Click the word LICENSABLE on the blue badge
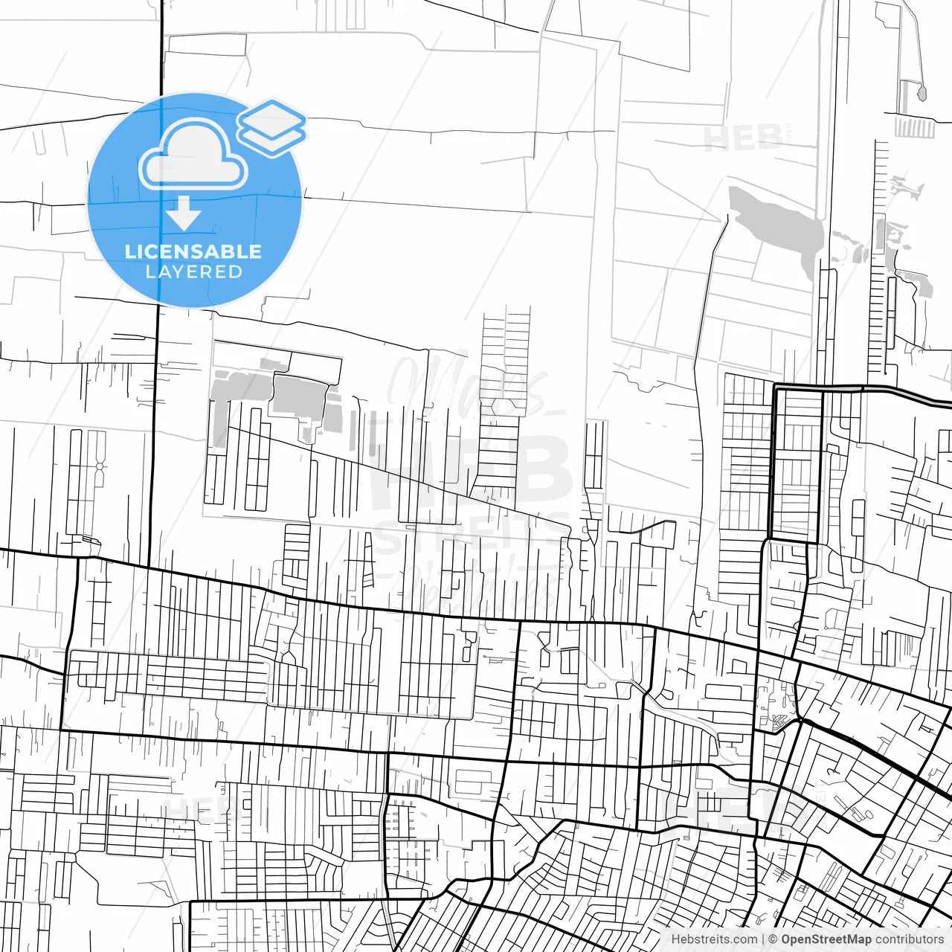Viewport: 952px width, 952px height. click(193, 251)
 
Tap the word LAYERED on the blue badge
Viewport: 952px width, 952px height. click(194, 272)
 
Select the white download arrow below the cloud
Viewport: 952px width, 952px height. click(183, 213)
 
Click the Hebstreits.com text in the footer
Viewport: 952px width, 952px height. click(714, 939)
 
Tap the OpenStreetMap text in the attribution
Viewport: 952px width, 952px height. click(826, 939)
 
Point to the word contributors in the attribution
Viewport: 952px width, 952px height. click(909, 939)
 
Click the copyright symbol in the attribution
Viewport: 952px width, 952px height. click(773, 939)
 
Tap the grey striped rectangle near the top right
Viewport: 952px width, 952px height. click(914, 128)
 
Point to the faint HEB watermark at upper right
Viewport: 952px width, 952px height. click(742, 138)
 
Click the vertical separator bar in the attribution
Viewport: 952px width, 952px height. click(764, 939)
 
